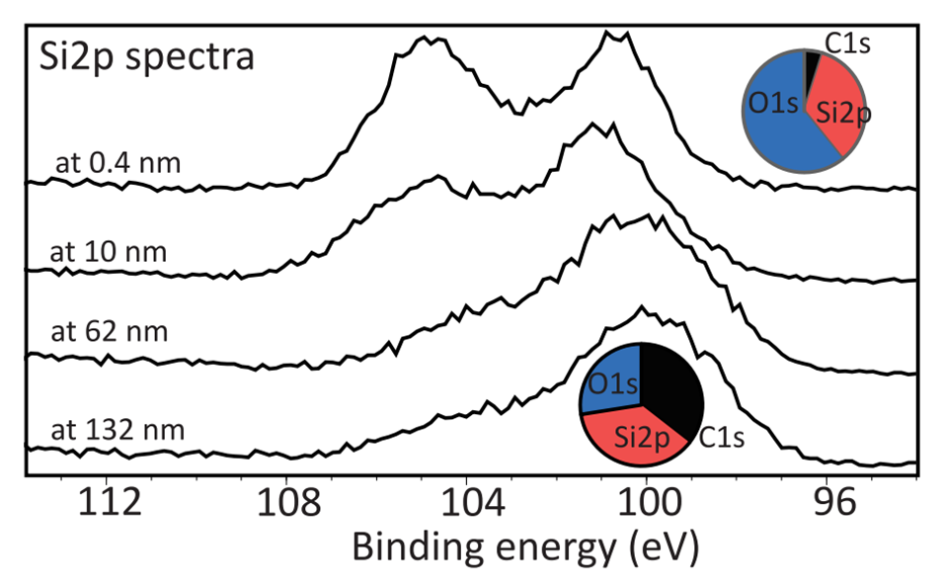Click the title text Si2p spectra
click(146, 56)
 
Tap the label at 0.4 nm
click(118, 162)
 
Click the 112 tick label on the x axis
click(106, 504)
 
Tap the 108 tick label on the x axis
click(286, 504)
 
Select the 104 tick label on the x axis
click(467, 504)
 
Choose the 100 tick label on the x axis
click(647, 504)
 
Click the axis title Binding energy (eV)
click(524, 546)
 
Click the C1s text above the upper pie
click(846, 42)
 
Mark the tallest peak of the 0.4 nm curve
click(612, 35)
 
